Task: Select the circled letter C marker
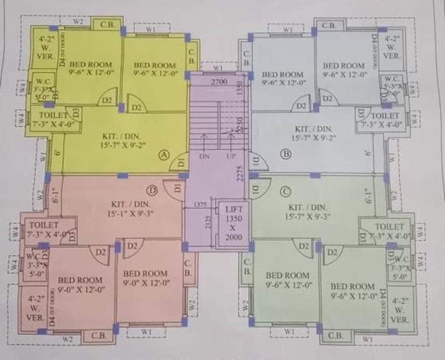click(x=286, y=191)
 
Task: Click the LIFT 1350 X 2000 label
click(x=234, y=223)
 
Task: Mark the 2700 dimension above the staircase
click(x=219, y=82)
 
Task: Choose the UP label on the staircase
click(x=230, y=157)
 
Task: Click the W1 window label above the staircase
click(x=217, y=68)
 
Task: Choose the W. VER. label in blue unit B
click(x=392, y=47)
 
